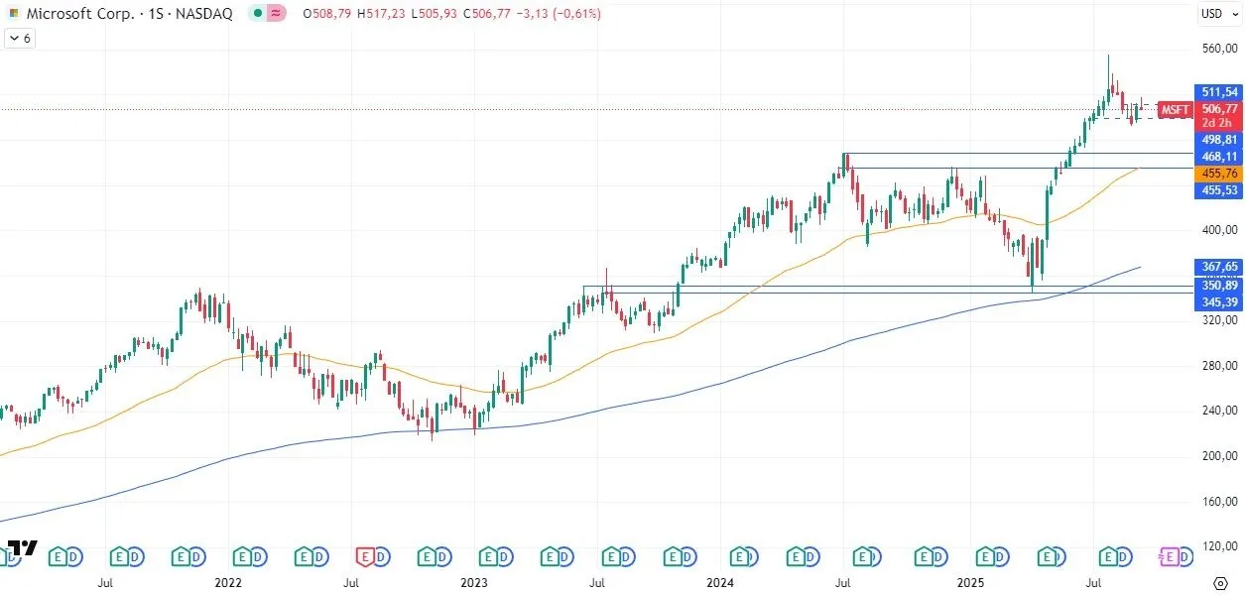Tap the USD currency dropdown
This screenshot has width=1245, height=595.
pyautogui.click(x=1215, y=14)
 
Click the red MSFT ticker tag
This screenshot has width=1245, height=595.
pyautogui.click(x=1175, y=109)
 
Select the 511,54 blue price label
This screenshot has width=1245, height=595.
pyautogui.click(x=1219, y=92)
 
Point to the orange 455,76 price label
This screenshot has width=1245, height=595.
pyautogui.click(x=1219, y=174)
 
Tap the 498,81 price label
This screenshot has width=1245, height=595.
pyautogui.click(x=1219, y=140)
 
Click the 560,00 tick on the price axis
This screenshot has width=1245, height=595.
pyautogui.click(x=1219, y=49)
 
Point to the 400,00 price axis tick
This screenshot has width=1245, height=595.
pyautogui.click(x=1219, y=230)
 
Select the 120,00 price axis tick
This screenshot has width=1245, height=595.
pyautogui.click(x=1219, y=546)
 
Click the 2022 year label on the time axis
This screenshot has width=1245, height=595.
pyautogui.click(x=229, y=584)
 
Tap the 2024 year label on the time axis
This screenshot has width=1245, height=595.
pyautogui.click(x=720, y=584)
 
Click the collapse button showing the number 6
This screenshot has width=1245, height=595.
pyautogui.click(x=20, y=39)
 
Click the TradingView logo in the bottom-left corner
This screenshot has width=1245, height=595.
pyautogui.click(x=22, y=548)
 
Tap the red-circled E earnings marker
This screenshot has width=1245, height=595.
pyautogui.click(x=366, y=557)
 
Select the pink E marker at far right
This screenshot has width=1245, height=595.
pyautogui.click(x=1170, y=557)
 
